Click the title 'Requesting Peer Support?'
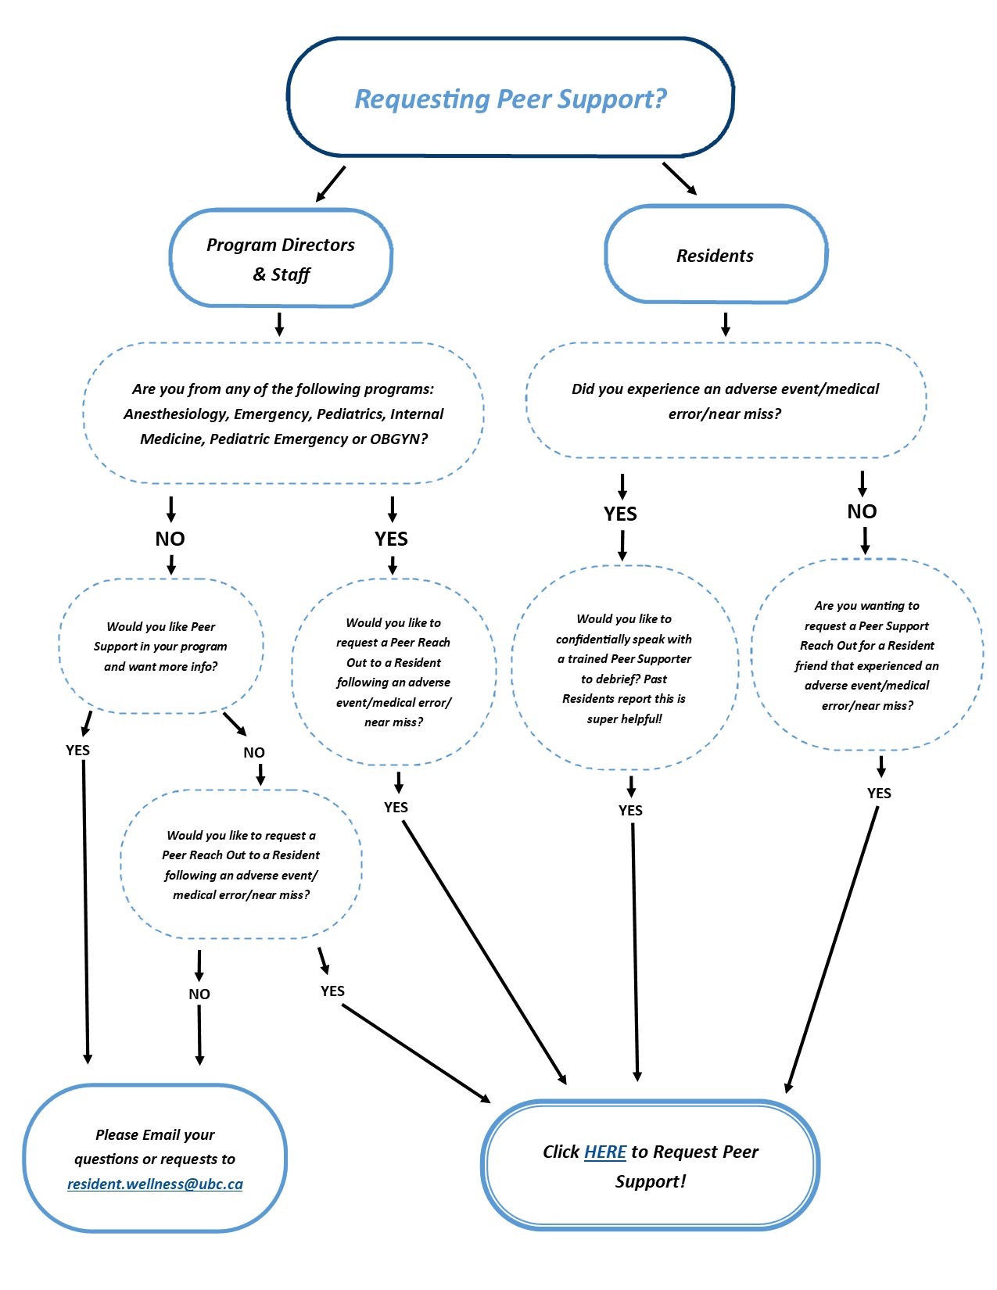pos(510,99)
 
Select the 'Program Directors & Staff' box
pos(281,258)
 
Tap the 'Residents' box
pos(715,254)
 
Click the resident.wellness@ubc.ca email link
pos(155,1184)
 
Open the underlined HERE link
pos(605,1152)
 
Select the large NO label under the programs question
pos(170,539)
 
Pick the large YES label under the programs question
pos(391,539)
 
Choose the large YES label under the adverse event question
pos(621,514)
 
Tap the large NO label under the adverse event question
pos(863,511)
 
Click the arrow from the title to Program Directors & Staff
pos(331,184)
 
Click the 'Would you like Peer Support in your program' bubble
pos(161,646)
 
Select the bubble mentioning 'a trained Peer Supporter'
pos(625,668)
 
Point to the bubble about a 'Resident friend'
pos(867,655)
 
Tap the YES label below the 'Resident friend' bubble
pos(879,793)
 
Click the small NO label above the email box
pos(199,994)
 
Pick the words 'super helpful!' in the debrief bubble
pos(625,719)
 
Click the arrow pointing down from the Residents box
pos(726,324)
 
